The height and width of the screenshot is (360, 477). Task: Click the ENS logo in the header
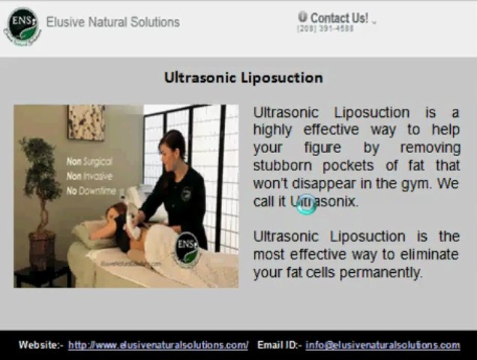click(x=22, y=26)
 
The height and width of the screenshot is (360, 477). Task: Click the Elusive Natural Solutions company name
click(x=112, y=22)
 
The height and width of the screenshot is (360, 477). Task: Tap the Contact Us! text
click(x=339, y=18)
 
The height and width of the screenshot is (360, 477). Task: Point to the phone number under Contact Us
click(x=325, y=29)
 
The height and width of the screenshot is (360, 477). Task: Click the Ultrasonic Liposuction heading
click(x=243, y=78)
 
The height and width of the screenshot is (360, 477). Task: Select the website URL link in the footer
click(x=158, y=345)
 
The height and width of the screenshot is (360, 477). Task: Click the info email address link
click(x=382, y=345)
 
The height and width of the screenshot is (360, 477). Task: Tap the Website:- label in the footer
click(x=41, y=345)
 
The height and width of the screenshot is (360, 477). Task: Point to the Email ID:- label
click(x=280, y=345)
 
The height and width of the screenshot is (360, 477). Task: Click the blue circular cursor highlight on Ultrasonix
click(x=307, y=203)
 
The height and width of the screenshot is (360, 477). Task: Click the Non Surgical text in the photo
click(x=89, y=160)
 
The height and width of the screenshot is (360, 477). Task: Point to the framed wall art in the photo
click(x=86, y=122)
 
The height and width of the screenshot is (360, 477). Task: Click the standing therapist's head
click(x=172, y=142)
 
